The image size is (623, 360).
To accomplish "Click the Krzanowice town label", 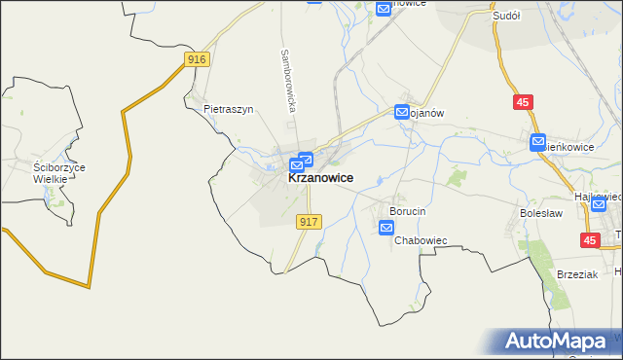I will tap(320, 179).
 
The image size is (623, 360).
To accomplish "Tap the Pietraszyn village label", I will tap(229, 110).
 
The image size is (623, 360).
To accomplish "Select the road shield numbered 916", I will tap(198, 60).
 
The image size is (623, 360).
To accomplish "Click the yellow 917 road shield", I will tap(309, 222).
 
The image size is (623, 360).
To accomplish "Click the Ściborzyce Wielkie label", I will tap(59, 173).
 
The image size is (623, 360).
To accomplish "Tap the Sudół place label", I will tap(507, 17).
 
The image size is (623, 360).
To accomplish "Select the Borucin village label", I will tap(409, 211).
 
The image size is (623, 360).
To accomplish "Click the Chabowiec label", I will tap(421, 239).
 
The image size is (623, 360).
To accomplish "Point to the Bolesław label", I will tap(543, 210).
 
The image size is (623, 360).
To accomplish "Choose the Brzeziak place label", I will tap(576, 274).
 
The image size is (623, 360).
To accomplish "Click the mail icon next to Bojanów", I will tap(402, 113).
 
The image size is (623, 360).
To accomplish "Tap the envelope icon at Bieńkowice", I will tap(538, 143).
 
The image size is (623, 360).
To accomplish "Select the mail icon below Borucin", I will tap(386, 228).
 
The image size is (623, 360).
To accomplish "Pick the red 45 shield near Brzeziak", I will tap(589, 239).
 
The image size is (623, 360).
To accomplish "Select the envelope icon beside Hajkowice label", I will tap(599, 204).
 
